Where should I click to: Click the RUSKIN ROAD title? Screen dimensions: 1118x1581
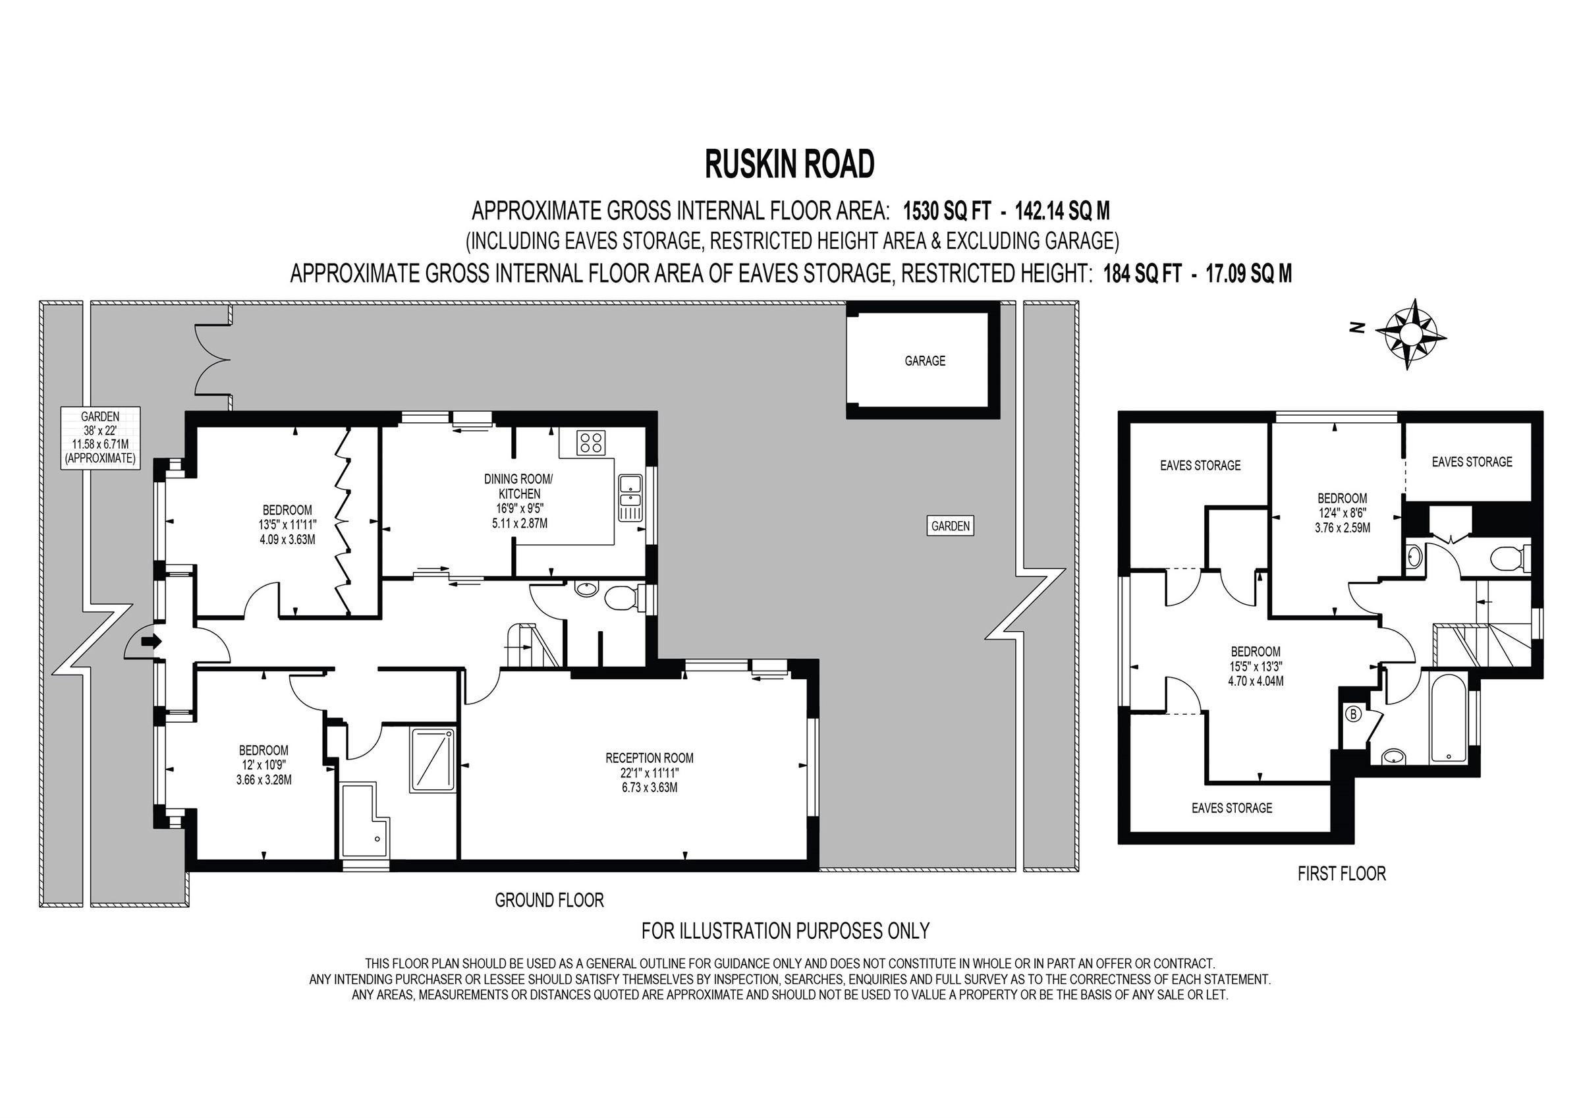(x=789, y=164)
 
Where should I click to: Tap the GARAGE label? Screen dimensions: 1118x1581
(x=924, y=361)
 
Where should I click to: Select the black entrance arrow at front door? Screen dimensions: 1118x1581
(x=151, y=641)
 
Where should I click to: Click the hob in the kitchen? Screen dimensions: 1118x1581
(x=591, y=442)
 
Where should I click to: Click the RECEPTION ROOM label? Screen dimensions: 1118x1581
(x=650, y=758)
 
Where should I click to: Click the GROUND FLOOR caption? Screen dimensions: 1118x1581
(x=549, y=901)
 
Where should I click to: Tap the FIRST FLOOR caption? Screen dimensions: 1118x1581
(x=1341, y=874)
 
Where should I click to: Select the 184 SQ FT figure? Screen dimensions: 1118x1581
(x=1142, y=274)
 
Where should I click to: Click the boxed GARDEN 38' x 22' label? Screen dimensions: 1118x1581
(x=101, y=437)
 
